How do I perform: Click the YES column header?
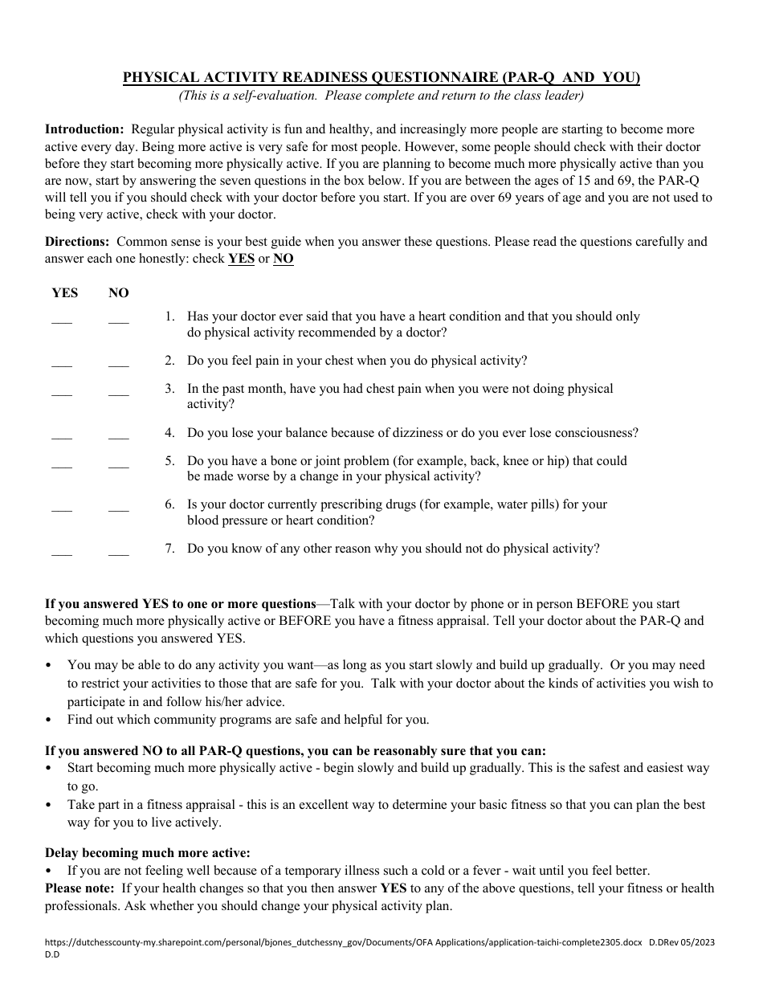(x=65, y=292)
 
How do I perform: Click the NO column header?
(x=119, y=292)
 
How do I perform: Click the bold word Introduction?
(x=84, y=129)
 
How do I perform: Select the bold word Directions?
(x=77, y=241)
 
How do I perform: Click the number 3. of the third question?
(x=169, y=389)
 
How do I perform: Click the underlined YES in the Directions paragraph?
(x=241, y=259)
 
